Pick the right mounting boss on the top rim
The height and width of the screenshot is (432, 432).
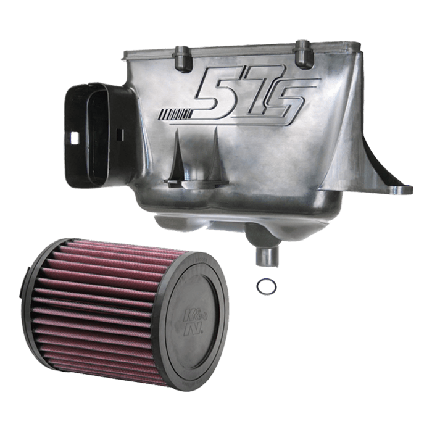(x=304, y=54)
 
